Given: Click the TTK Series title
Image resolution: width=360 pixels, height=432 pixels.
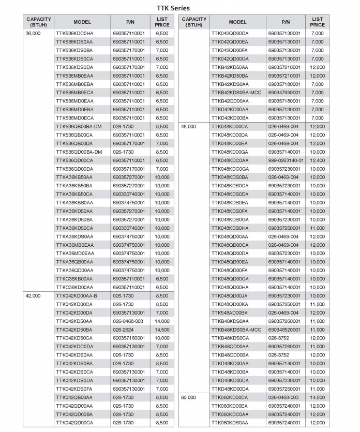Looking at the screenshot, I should pos(173,8).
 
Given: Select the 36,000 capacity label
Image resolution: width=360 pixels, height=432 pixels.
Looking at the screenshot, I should pos(33,33).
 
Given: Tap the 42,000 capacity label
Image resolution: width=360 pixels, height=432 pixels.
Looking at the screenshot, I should pos(33,295).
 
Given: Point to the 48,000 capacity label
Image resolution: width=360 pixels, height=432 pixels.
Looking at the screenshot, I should pos(188,127).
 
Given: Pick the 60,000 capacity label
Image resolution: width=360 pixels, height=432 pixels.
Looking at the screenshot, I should pos(188,397).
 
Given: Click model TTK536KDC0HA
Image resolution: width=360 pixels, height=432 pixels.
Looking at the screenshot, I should pos(75,33).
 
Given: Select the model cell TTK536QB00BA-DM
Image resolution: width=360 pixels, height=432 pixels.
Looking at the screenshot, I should pos(79,126).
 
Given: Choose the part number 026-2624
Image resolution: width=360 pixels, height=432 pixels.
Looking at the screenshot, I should pos(123,329).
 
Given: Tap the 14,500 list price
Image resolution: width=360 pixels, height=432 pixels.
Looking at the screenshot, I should pos(162,329).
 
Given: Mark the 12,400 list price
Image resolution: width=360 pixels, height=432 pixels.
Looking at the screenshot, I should pos(317,160).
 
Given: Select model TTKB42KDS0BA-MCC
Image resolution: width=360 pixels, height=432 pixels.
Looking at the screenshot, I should pos(237,93).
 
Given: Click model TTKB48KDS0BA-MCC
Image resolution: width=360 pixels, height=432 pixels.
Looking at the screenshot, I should pos(237,329).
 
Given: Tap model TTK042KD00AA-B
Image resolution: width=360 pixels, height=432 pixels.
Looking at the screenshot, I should pos(77,295).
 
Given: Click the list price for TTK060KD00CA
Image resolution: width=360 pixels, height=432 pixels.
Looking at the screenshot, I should pos(317,397).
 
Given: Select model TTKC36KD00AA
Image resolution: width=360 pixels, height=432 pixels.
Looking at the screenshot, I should pos(74,287).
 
